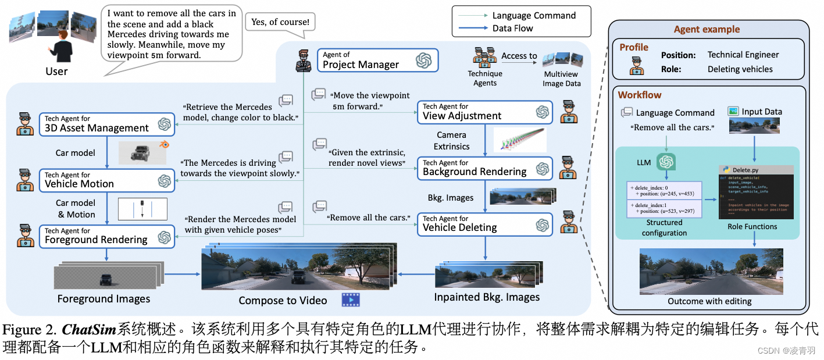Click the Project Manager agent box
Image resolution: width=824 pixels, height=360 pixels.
coord(377,60)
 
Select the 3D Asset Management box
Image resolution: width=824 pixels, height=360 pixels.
coord(106,123)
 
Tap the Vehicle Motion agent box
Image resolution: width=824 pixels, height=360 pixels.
coord(106,180)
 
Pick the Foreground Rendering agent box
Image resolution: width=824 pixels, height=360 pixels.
coord(106,236)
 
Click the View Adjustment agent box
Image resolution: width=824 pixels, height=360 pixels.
coord(484,112)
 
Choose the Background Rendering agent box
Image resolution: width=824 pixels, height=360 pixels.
coord(484,167)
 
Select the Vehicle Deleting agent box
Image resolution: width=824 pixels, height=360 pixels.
coord(484,224)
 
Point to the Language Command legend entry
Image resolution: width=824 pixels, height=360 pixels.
coord(533,16)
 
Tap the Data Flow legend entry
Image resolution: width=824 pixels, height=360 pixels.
coord(512,28)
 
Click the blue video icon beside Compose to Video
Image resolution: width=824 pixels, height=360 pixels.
coord(351,300)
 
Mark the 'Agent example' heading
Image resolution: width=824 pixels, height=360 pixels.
coord(707,30)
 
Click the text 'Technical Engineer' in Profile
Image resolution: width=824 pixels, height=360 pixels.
coord(743,55)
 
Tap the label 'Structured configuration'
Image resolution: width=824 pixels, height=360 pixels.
coord(664,227)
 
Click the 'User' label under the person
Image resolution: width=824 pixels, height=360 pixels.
coord(56,72)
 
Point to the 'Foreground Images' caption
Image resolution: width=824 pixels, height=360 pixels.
coord(104,299)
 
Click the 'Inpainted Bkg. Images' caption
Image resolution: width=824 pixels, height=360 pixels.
coord(487,297)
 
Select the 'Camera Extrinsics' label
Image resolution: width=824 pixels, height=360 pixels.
coord(451,141)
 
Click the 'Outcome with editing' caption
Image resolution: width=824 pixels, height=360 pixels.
coord(709,301)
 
